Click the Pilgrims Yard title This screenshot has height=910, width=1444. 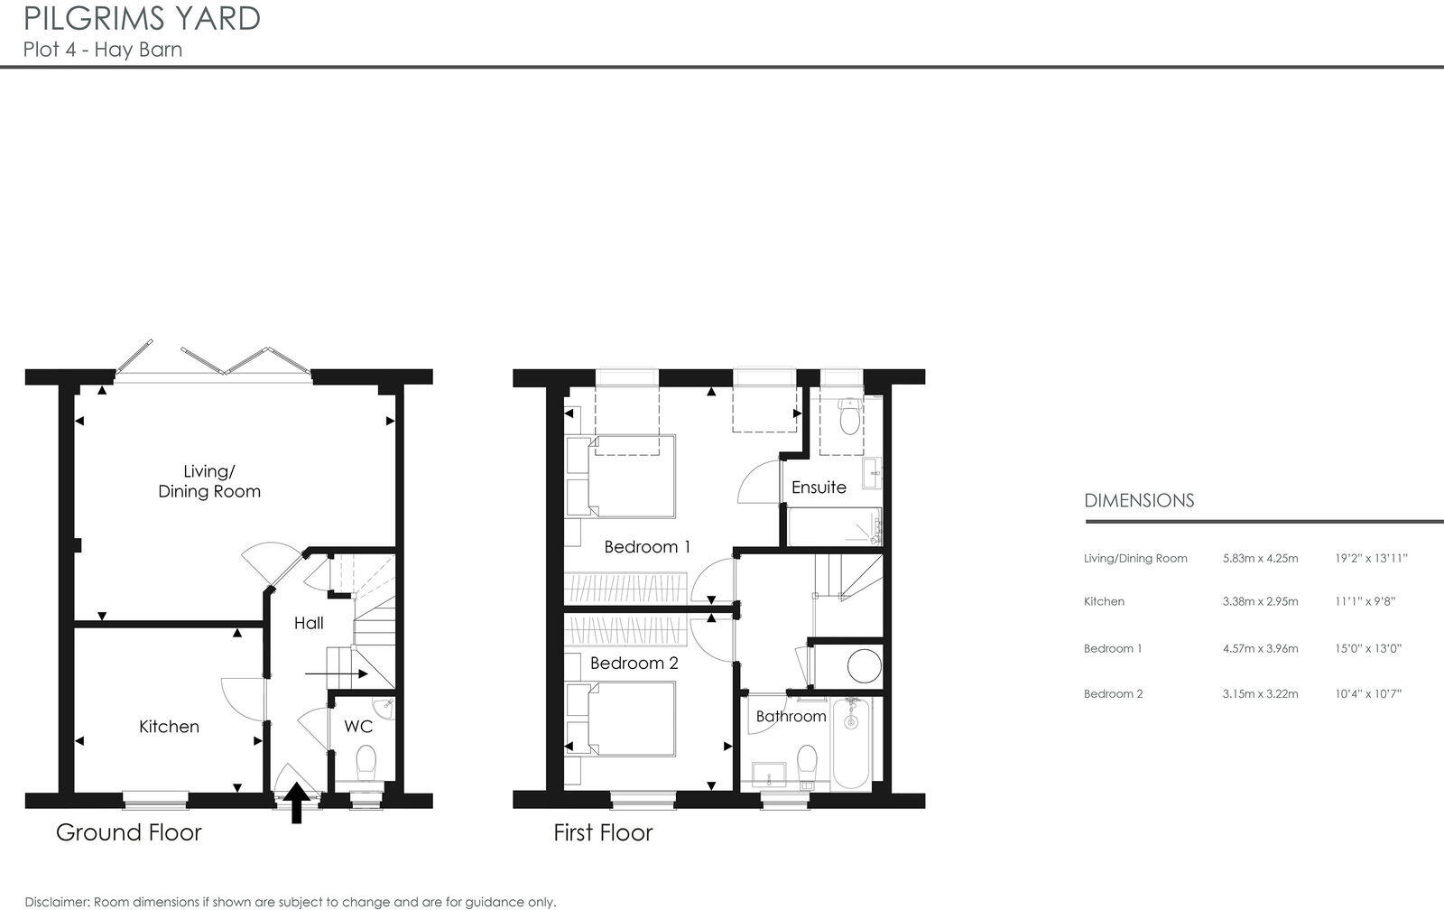[143, 18]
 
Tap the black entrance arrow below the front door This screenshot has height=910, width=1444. [296, 803]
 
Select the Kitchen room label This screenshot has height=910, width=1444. [169, 727]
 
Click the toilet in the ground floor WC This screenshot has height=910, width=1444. [366, 760]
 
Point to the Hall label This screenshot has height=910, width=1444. [309, 623]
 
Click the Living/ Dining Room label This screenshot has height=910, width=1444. [209, 481]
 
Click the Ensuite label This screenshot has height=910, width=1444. [819, 487]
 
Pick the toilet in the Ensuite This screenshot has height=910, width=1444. [848, 418]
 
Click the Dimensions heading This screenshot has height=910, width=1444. [1139, 500]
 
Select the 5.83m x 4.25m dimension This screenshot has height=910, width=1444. [1260, 558]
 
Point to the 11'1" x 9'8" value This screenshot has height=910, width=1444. [1365, 601]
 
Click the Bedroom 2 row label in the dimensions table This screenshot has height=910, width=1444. [1113, 694]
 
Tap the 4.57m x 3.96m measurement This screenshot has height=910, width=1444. [1260, 648]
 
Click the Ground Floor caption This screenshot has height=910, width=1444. [129, 832]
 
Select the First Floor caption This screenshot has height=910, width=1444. [603, 832]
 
